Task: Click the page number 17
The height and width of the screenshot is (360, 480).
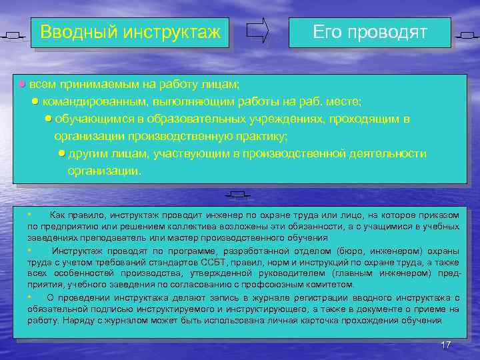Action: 446,344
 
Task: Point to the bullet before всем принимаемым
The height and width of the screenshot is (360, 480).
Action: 21,85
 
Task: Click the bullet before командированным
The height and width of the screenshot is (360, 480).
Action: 35,101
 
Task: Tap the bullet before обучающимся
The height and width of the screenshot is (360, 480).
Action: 48,119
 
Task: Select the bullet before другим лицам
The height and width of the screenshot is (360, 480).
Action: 61,153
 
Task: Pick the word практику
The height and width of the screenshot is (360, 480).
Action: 262,136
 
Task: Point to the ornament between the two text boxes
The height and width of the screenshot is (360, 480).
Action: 237,195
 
